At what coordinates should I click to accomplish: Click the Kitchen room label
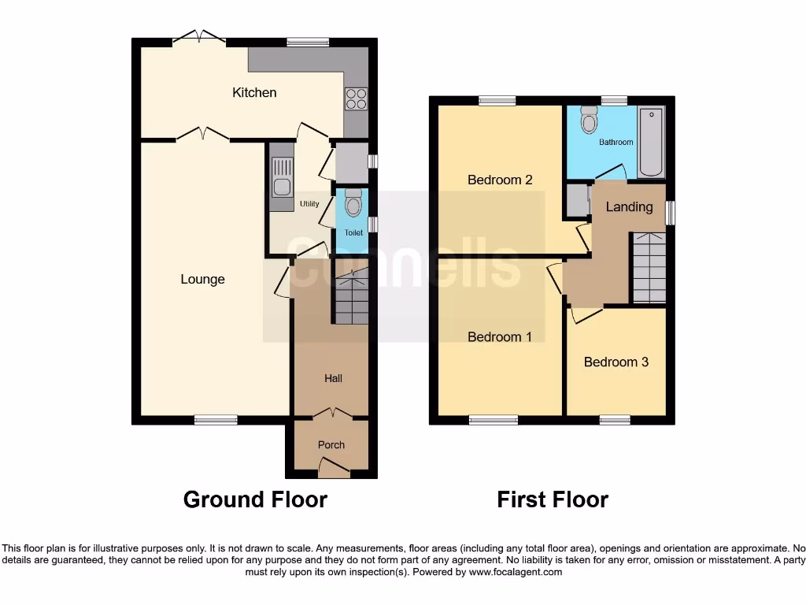(254, 93)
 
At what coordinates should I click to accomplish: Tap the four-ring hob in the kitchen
(356, 98)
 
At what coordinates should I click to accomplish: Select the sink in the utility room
(282, 177)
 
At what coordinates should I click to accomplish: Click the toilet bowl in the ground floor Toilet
(353, 204)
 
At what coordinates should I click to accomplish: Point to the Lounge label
(202, 280)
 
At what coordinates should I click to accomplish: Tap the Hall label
(333, 379)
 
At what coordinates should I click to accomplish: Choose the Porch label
(331, 445)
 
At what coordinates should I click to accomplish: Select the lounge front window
(216, 419)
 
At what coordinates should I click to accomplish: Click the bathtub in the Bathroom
(651, 142)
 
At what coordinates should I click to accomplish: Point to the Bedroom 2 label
(500, 180)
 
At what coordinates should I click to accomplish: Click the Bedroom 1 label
(500, 337)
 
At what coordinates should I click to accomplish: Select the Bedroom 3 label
(616, 362)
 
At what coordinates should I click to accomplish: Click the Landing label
(629, 207)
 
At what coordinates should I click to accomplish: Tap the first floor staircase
(649, 267)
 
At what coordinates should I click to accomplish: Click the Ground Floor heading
(255, 499)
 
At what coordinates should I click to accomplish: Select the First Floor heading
(553, 499)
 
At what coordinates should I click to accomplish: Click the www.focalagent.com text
(516, 572)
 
